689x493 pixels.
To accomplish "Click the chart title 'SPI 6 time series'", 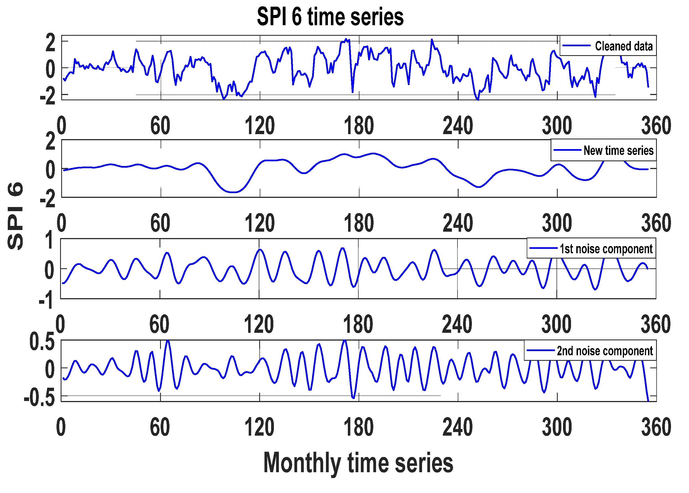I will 330,17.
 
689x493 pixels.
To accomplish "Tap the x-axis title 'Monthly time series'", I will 358,462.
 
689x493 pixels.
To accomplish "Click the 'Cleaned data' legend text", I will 623,46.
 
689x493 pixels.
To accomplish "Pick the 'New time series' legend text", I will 618,150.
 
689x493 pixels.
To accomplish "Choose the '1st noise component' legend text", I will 606,249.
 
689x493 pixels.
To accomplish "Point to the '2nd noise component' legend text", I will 605,351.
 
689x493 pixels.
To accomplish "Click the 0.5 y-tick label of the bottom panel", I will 42,342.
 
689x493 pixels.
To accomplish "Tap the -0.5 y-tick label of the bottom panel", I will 39,398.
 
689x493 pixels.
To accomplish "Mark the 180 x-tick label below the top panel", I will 359,126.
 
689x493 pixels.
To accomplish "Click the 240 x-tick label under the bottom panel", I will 457,427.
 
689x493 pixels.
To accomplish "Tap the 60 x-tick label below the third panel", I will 159,324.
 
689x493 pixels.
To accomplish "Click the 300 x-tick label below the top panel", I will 557,126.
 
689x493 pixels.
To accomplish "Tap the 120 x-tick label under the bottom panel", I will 259,427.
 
